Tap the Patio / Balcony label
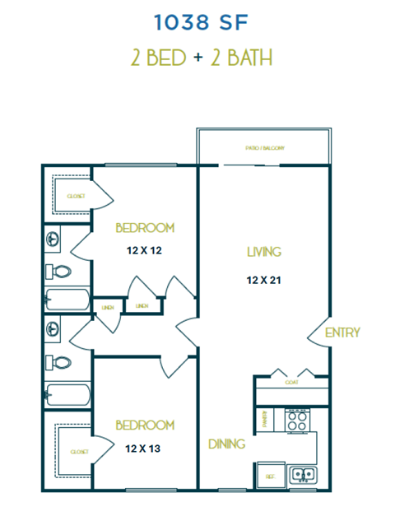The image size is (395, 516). click(x=265, y=148)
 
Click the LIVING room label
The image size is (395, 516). click(x=265, y=252)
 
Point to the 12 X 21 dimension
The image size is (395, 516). click(x=264, y=280)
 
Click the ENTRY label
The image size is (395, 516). click(x=342, y=332)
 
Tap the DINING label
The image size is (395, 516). click(x=226, y=444)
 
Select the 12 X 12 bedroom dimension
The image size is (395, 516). click(x=144, y=249)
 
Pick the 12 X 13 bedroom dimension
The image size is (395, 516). click(x=144, y=449)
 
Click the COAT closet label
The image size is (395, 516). click(x=291, y=382)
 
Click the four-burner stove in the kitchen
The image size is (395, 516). click(x=296, y=420)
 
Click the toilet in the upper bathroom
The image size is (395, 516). click(x=58, y=272)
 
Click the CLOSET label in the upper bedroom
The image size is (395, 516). click(x=76, y=196)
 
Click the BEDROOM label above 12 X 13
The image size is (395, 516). click(x=145, y=425)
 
